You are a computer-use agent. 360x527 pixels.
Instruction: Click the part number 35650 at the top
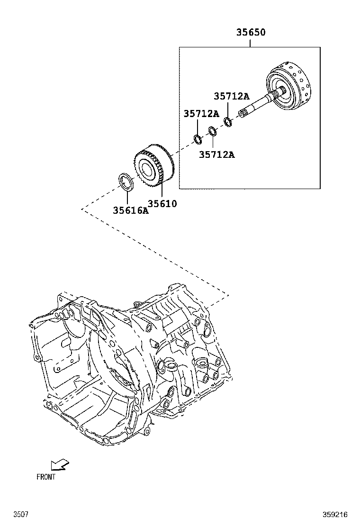[x=251, y=33]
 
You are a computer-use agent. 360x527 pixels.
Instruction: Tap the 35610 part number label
[x=162, y=204]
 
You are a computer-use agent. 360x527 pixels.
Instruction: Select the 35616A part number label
[x=130, y=210]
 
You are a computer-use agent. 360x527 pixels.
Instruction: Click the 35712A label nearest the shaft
[x=231, y=96]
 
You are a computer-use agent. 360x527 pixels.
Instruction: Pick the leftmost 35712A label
[x=201, y=114]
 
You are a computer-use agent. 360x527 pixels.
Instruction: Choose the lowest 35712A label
[x=216, y=154]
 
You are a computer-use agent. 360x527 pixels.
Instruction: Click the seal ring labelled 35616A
[x=126, y=182]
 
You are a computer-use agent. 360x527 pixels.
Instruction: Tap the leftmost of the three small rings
[x=198, y=138]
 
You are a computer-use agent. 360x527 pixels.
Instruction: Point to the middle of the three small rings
[x=213, y=130]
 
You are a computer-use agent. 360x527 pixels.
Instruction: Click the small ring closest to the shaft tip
[x=228, y=122]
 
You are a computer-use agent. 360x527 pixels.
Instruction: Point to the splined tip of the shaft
[x=244, y=114]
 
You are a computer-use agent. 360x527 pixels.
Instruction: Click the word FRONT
[x=46, y=477]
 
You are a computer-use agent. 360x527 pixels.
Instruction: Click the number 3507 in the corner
[x=20, y=514]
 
